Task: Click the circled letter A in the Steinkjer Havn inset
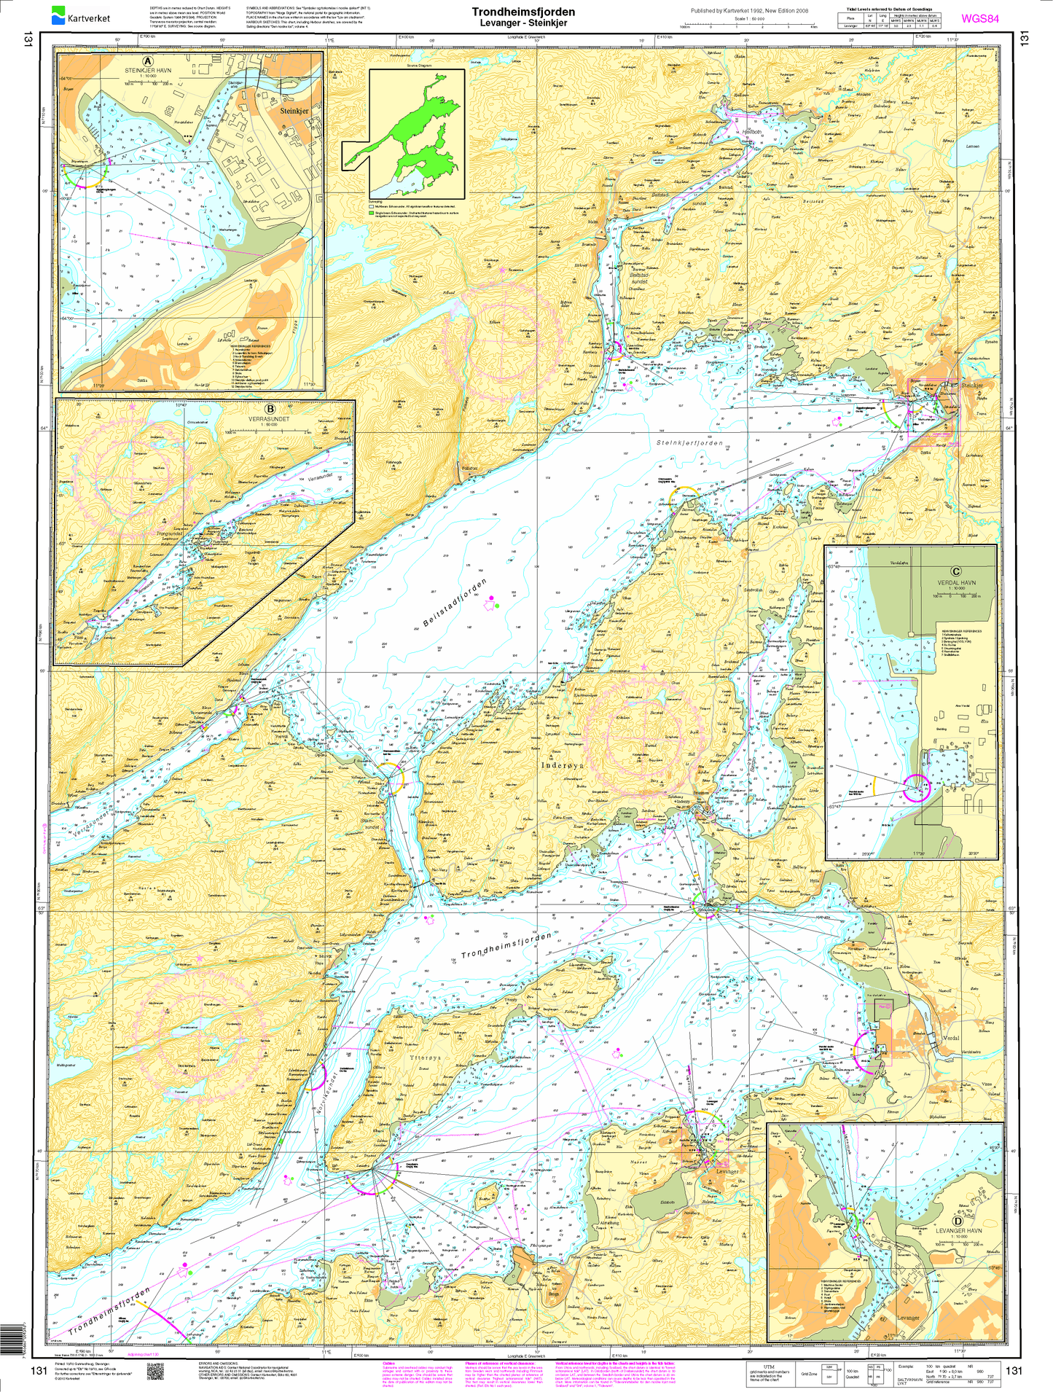(x=148, y=61)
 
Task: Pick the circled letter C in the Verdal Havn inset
(x=956, y=572)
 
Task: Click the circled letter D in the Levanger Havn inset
(x=956, y=1221)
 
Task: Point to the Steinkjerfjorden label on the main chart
(x=689, y=443)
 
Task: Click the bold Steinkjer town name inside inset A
(x=294, y=111)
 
